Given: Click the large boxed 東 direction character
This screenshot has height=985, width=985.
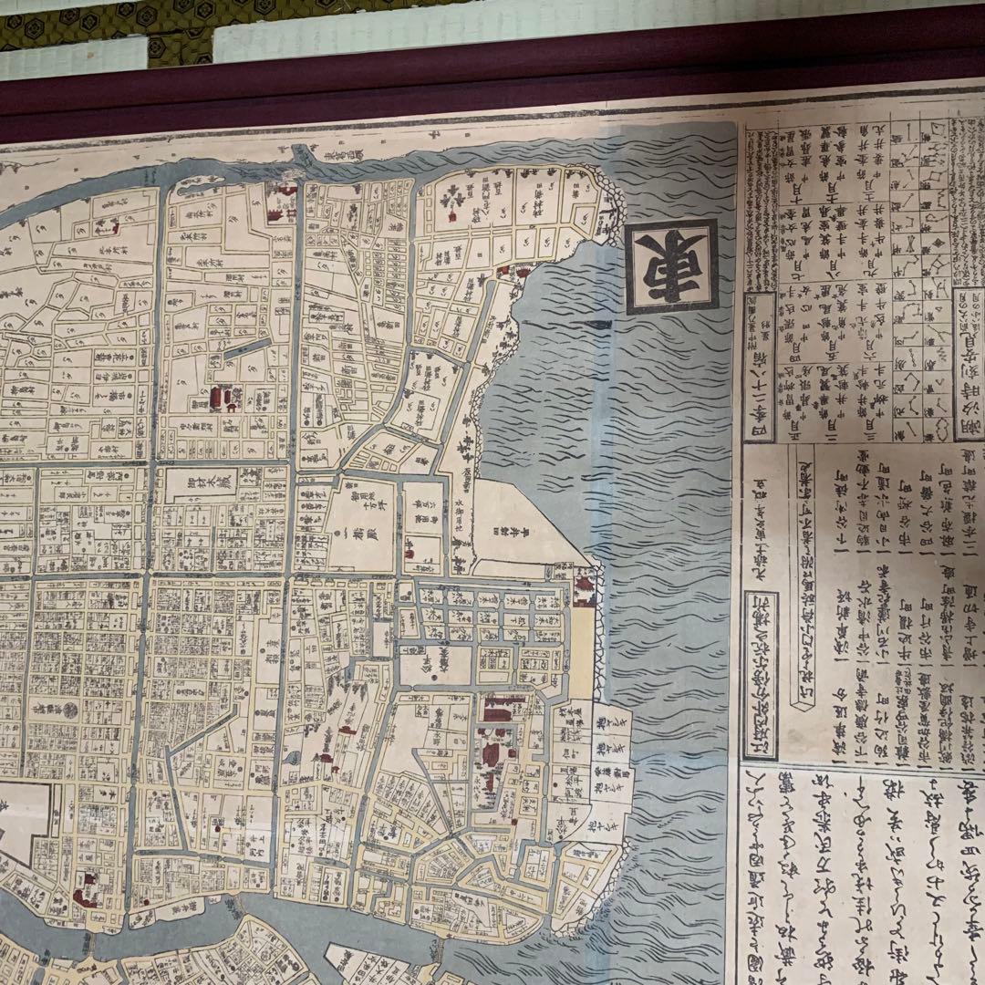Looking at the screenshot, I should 672,266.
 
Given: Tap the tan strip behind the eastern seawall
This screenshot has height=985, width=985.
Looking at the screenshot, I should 581,648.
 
